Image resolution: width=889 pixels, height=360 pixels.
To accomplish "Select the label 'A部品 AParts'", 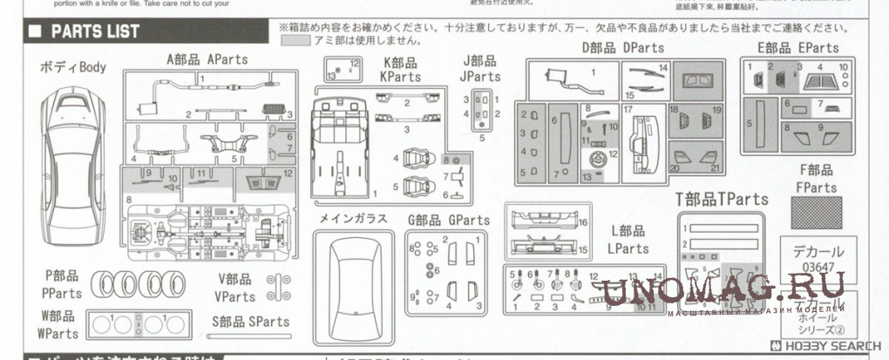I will [x=207, y=59].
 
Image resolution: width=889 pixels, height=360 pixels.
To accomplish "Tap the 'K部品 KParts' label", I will [x=399, y=70].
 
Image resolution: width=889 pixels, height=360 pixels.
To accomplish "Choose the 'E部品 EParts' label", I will [x=797, y=48].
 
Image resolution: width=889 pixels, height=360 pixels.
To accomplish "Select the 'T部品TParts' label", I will [x=721, y=200].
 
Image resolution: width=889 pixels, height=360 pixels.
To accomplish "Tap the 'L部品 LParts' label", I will [x=628, y=239].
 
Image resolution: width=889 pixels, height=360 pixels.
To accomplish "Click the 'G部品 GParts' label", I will [x=447, y=221].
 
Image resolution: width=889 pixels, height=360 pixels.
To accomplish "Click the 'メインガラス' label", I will [x=353, y=219].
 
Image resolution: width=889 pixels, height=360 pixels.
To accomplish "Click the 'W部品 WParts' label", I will [x=57, y=324].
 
